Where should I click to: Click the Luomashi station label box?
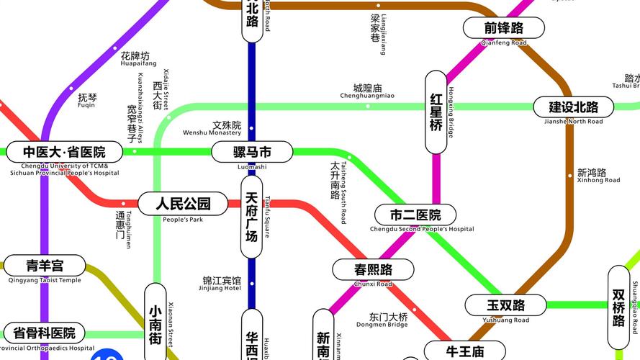252,152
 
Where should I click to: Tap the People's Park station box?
183,204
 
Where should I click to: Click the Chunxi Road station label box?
373,270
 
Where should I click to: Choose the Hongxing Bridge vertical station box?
436,112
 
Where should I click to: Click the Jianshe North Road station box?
573,107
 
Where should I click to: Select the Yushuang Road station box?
505,305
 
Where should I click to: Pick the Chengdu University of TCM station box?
63,152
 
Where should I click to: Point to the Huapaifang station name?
135,56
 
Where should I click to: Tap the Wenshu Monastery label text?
227,125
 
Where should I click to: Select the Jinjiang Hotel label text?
222,281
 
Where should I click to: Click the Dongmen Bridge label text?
389,317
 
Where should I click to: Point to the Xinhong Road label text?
592,173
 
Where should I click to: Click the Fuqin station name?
86,97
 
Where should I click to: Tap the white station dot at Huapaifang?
114,48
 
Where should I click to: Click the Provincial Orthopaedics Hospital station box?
44,333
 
